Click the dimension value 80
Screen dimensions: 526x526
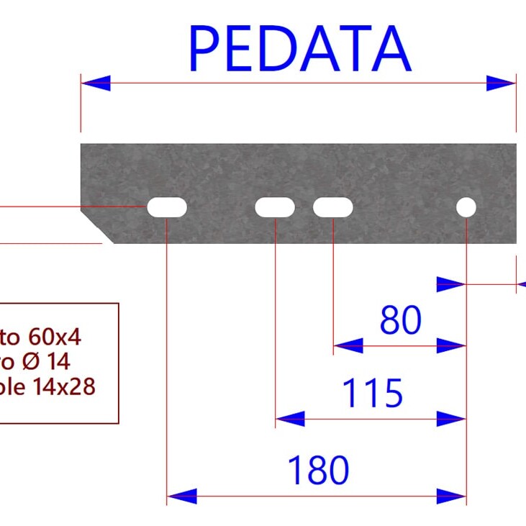click(x=401, y=321)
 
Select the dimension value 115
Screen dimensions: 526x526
click(x=372, y=394)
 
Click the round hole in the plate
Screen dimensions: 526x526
click(x=466, y=208)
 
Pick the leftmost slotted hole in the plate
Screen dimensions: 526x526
click(x=167, y=208)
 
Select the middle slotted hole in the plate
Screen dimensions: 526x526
click(x=275, y=208)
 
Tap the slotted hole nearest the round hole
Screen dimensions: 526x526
click(x=333, y=208)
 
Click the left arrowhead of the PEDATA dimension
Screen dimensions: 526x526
click(x=96, y=83)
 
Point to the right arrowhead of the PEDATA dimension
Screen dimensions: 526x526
click(x=502, y=83)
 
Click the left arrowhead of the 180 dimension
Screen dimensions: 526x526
click(x=181, y=496)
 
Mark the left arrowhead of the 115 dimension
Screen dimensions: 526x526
click(x=290, y=418)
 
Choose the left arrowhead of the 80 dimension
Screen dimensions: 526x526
click(x=348, y=346)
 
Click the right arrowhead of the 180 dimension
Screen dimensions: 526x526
click(x=452, y=496)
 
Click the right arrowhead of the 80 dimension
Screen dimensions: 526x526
click(x=452, y=346)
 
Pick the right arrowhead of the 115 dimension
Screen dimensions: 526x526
click(x=452, y=418)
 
